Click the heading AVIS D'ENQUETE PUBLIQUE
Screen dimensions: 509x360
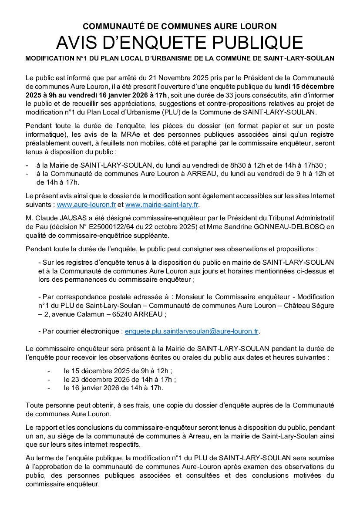click(180, 43)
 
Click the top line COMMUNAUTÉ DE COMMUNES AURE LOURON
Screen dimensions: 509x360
click(180, 27)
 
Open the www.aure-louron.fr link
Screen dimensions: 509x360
click(86, 204)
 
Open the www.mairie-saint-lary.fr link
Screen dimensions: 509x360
click(162, 204)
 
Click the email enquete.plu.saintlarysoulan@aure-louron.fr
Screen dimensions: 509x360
click(192, 331)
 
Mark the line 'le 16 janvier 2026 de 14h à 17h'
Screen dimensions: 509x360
click(113, 388)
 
